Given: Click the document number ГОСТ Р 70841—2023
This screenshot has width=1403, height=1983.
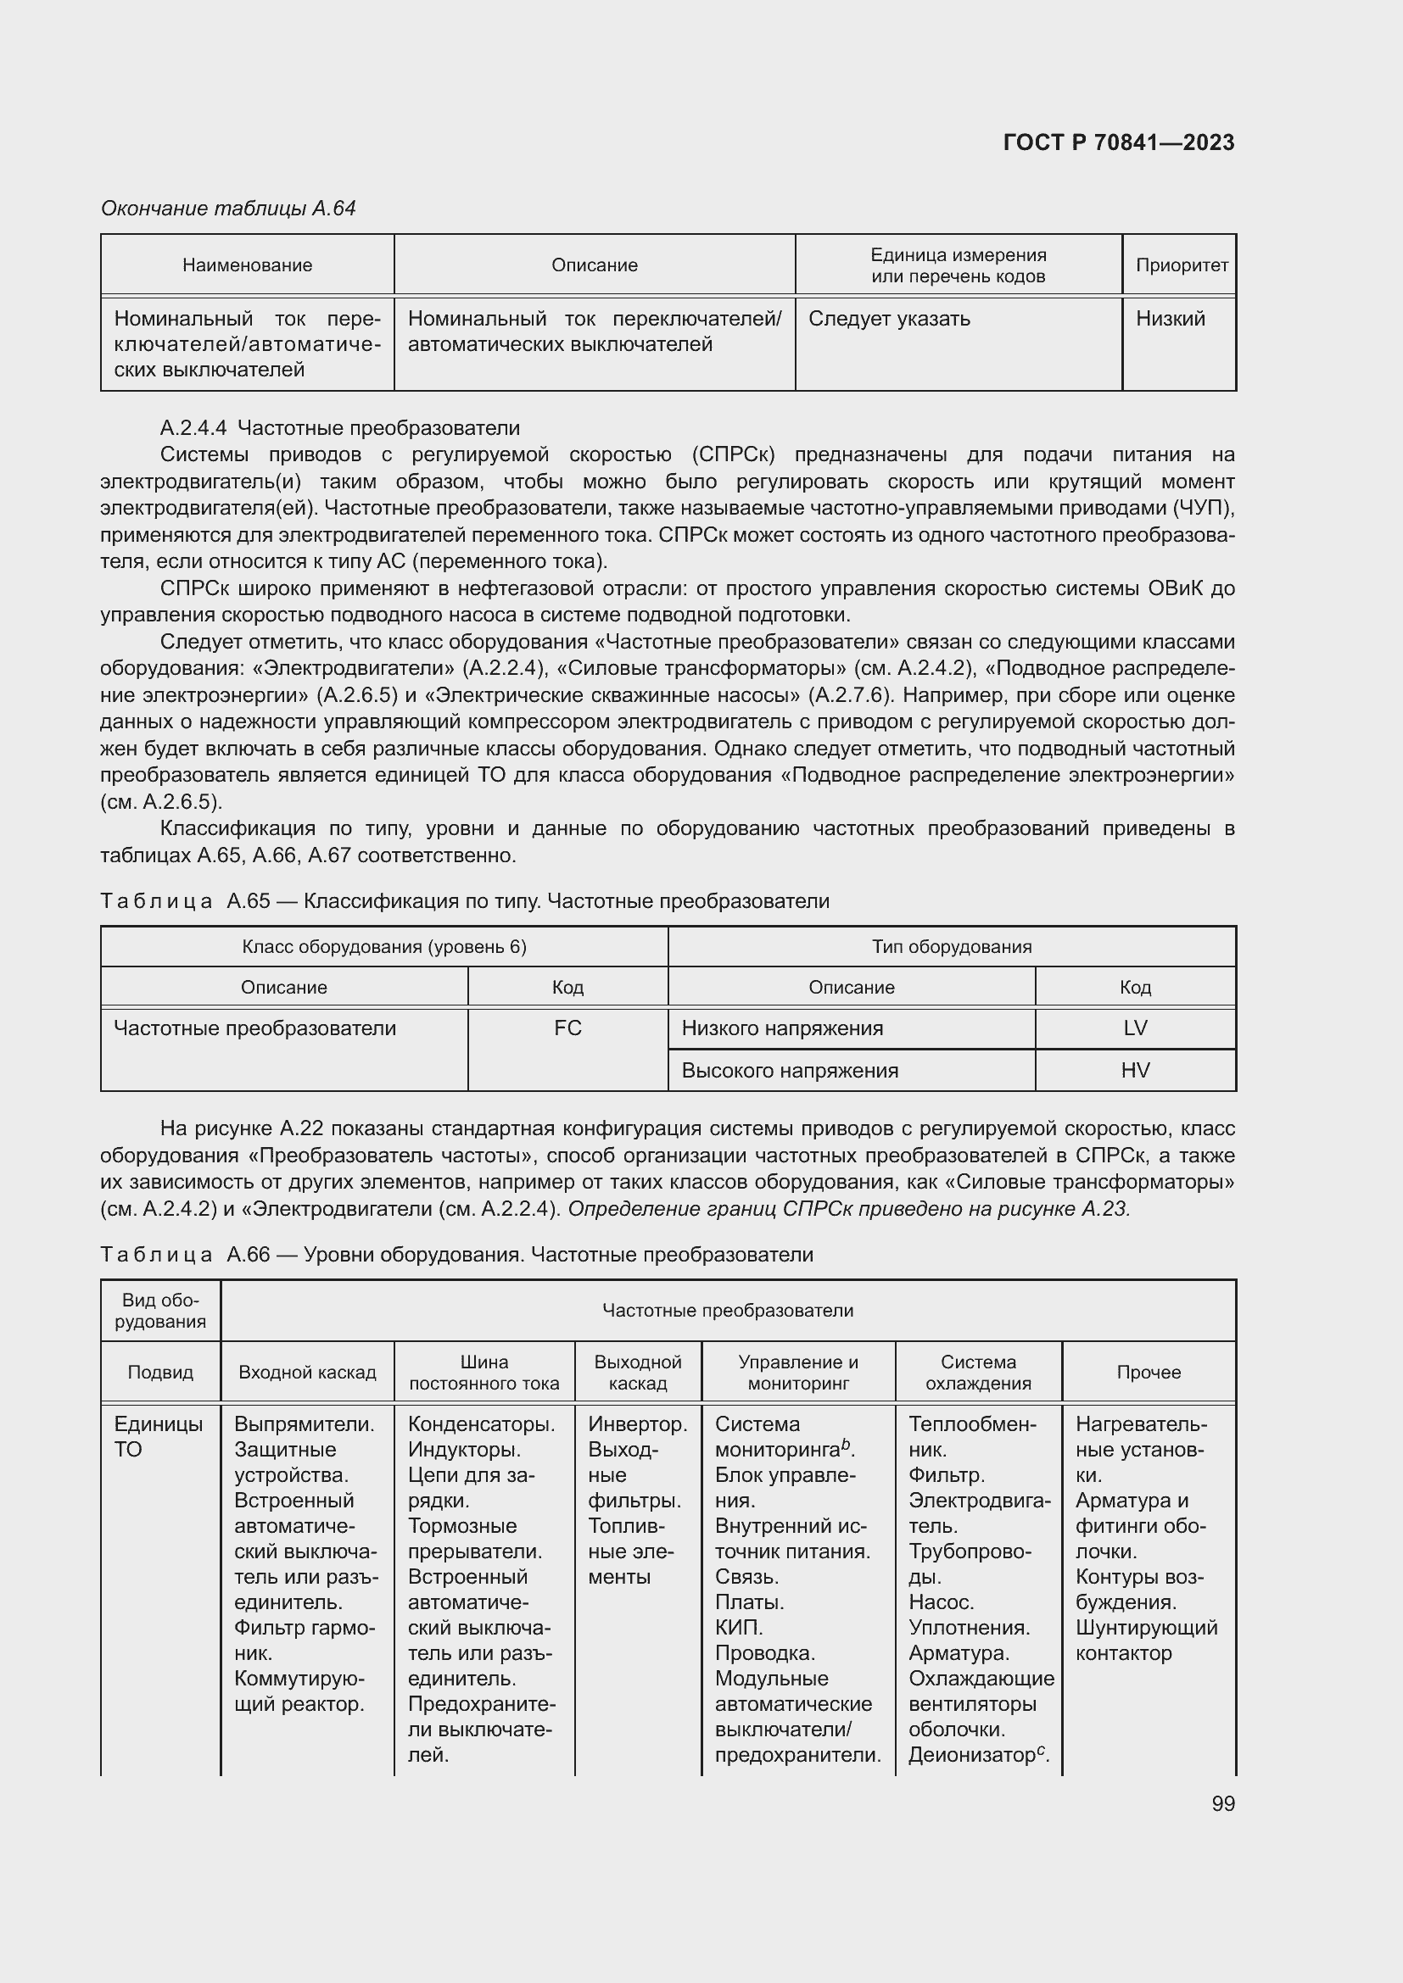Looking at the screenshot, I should pyautogui.click(x=1118, y=142).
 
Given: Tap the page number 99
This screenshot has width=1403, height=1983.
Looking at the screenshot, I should pyautogui.click(x=1222, y=1803).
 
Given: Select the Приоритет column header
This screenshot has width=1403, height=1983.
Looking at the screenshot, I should pyautogui.click(x=1181, y=265).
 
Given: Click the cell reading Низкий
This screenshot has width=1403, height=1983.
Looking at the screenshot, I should pyautogui.click(x=1170, y=319).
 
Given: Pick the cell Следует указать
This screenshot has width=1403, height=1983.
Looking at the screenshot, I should pyautogui.click(x=889, y=319).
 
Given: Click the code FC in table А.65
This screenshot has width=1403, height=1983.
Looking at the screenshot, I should pyautogui.click(x=567, y=1028).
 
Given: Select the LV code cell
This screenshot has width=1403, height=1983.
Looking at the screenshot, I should pyautogui.click(x=1134, y=1028).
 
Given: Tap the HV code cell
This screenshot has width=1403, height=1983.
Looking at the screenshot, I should pyautogui.click(x=1134, y=1070).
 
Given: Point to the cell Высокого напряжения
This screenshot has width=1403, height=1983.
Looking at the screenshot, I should pyautogui.click(x=790, y=1071).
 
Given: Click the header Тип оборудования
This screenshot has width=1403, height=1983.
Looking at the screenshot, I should pyautogui.click(x=951, y=947).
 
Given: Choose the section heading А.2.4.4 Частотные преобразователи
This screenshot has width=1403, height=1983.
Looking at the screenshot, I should pyautogui.click(x=339, y=428).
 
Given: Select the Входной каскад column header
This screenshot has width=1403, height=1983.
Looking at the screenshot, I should pyautogui.click(x=307, y=1373).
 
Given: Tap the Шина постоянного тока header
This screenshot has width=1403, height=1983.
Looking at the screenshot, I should pyautogui.click(x=484, y=1373).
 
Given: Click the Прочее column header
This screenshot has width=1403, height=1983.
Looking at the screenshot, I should pyautogui.click(x=1149, y=1373).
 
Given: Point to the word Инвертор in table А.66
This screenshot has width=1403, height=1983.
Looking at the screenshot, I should pyautogui.click(x=637, y=1424).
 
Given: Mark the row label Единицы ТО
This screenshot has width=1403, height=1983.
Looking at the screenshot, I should pyautogui.click(x=158, y=1436).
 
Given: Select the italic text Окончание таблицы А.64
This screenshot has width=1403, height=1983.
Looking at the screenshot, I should pyautogui.click(x=228, y=209).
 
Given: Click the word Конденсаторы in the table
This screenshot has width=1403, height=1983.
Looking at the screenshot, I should pyautogui.click(x=480, y=1424).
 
